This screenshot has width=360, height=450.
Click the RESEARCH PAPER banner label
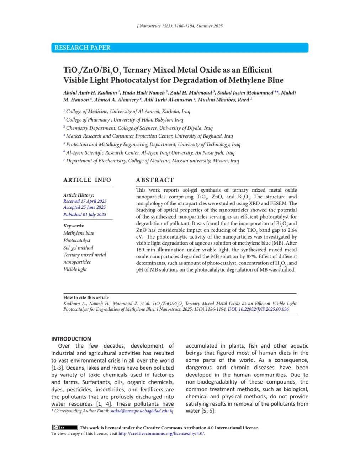click(x=83, y=48)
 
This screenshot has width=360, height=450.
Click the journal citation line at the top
click(x=180, y=26)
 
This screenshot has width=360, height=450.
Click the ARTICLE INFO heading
click(x=87, y=180)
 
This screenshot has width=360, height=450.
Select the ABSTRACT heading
click(x=155, y=180)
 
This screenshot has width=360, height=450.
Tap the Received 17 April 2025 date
click(x=85, y=201)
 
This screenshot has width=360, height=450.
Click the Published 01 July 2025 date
click(x=85, y=214)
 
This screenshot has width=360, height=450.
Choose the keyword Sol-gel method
click(x=78, y=248)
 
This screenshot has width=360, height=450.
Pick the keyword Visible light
click(x=75, y=269)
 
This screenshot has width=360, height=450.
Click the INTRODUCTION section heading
click(x=71, y=339)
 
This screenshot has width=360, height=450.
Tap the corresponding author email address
click(x=142, y=411)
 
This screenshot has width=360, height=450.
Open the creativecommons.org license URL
click(x=162, y=434)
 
